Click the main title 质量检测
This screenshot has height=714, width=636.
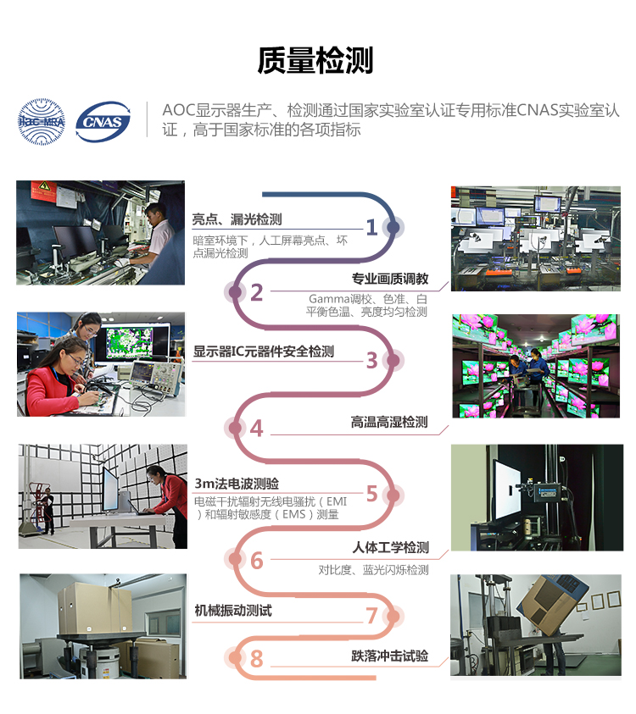click(315, 60)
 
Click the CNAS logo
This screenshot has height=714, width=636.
click(103, 122)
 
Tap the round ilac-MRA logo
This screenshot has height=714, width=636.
click(41, 122)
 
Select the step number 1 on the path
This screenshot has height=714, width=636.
click(372, 227)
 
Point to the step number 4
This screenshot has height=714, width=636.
click(257, 429)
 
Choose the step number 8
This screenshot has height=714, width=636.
click(257, 658)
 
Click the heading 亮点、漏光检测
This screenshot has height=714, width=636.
click(237, 219)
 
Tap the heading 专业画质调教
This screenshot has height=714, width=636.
click(390, 279)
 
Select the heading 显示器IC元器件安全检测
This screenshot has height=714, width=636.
click(264, 351)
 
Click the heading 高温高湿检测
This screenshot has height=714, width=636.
click(389, 422)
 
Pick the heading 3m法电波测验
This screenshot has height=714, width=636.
click(237, 484)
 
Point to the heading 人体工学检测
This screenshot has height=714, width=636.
click(391, 547)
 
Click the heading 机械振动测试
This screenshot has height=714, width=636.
click(233, 610)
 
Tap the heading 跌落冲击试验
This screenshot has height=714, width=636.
click(390, 656)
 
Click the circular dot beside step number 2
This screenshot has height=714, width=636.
click(235, 292)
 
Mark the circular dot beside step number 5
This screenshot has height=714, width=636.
click(393, 495)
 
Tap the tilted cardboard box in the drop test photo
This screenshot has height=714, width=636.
click(550, 603)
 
